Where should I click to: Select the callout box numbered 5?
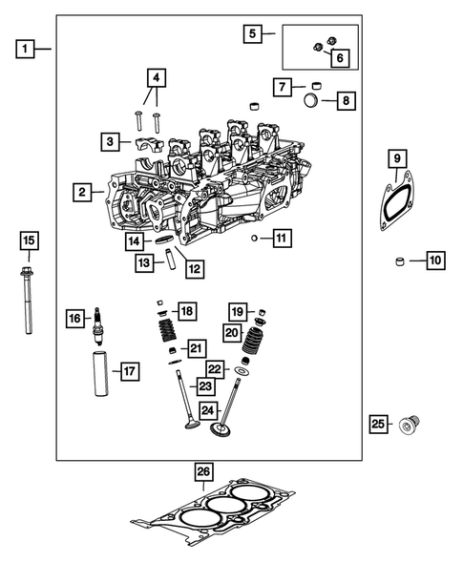tap(252, 34)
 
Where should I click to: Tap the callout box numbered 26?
tap(202, 472)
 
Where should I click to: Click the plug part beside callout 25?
tap(412, 423)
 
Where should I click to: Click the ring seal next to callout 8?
tap(313, 98)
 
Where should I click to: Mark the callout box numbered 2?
tap(85, 193)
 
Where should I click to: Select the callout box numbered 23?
tap(204, 385)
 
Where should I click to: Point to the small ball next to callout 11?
tap(255, 237)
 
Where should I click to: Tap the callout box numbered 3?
tap(112, 142)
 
